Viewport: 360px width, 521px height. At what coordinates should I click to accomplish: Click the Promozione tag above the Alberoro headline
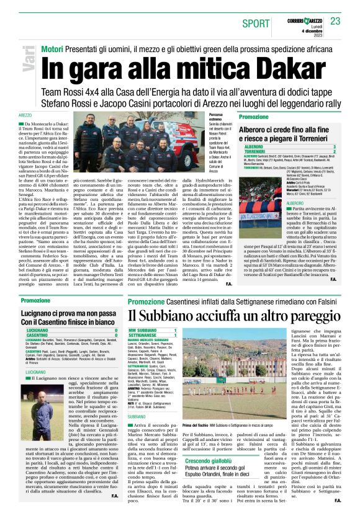[254, 117]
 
